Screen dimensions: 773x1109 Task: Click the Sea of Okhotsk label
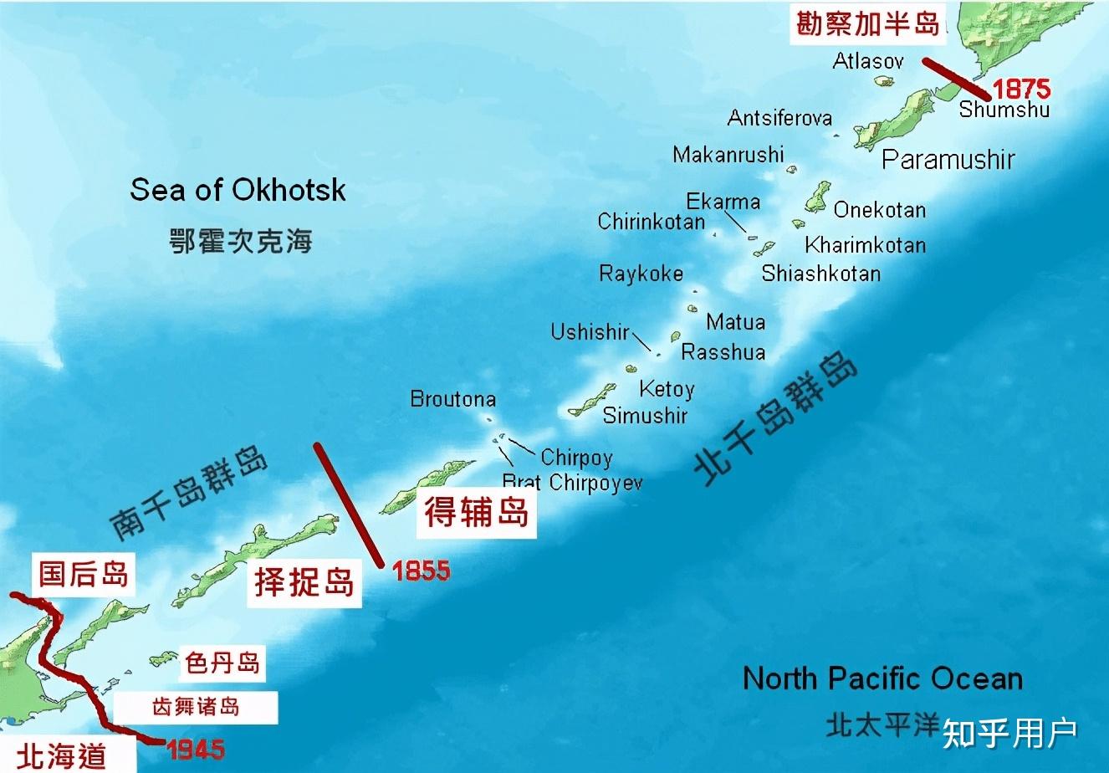click(238, 191)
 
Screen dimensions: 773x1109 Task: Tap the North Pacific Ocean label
click(882, 678)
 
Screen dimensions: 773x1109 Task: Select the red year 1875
click(1021, 89)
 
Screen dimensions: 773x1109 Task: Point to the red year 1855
click(421, 571)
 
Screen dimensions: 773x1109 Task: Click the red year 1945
click(196, 749)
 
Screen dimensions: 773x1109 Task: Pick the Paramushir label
click(948, 159)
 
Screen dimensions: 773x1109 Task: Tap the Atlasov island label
click(868, 60)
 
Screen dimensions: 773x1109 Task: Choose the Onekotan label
click(879, 209)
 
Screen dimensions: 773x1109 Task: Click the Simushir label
click(645, 415)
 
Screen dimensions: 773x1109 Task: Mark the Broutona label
click(452, 399)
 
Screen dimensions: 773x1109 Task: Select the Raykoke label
click(641, 274)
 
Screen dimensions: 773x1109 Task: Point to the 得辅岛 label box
click(477, 511)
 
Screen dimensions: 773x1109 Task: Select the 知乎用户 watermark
click(1009, 734)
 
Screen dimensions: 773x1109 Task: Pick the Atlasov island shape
click(883, 81)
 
